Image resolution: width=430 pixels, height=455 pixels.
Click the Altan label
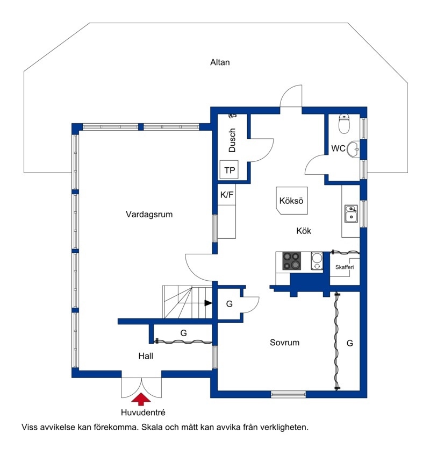click(x=220, y=62)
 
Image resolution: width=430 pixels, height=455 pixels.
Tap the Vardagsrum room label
click(x=149, y=215)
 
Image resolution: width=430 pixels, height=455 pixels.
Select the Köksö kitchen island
click(x=292, y=201)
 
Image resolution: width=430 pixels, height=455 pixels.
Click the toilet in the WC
click(x=344, y=124)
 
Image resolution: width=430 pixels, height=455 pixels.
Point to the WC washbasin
click(x=353, y=149)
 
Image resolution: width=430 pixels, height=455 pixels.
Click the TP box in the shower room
click(x=229, y=170)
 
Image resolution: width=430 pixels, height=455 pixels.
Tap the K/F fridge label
click(x=227, y=195)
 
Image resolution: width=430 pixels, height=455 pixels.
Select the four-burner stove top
click(x=292, y=261)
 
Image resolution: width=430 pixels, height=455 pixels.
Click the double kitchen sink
click(x=351, y=214)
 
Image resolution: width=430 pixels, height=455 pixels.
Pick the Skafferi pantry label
click(x=345, y=267)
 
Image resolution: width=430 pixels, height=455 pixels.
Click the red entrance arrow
click(x=141, y=399)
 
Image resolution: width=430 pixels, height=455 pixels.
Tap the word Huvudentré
click(x=143, y=413)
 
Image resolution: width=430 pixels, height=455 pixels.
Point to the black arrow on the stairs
click(x=208, y=303)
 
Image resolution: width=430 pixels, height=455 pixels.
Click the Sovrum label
click(x=284, y=343)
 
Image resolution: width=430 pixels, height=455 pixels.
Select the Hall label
click(x=146, y=356)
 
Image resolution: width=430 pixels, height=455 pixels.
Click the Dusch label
click(x=232, y=140)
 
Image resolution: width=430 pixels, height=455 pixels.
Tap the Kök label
click(x=304, y=231)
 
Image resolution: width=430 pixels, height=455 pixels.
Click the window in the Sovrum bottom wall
click(x=288, y=394)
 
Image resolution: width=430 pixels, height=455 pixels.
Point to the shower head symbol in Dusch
click(x=232, y=116)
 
